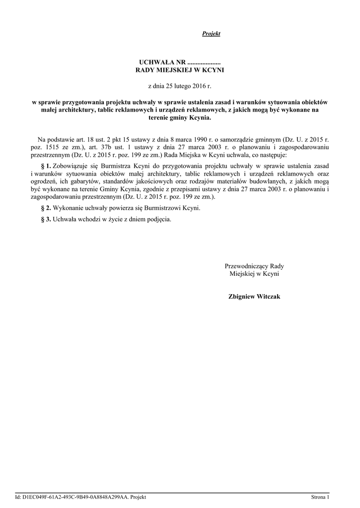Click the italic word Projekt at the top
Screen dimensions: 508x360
[211, 34]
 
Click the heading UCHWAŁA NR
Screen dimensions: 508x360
[161, 63]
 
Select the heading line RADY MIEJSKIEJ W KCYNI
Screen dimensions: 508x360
[180, 70]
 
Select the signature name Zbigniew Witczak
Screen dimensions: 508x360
[254, 296]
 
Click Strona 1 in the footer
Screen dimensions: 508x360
[320, 497]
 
